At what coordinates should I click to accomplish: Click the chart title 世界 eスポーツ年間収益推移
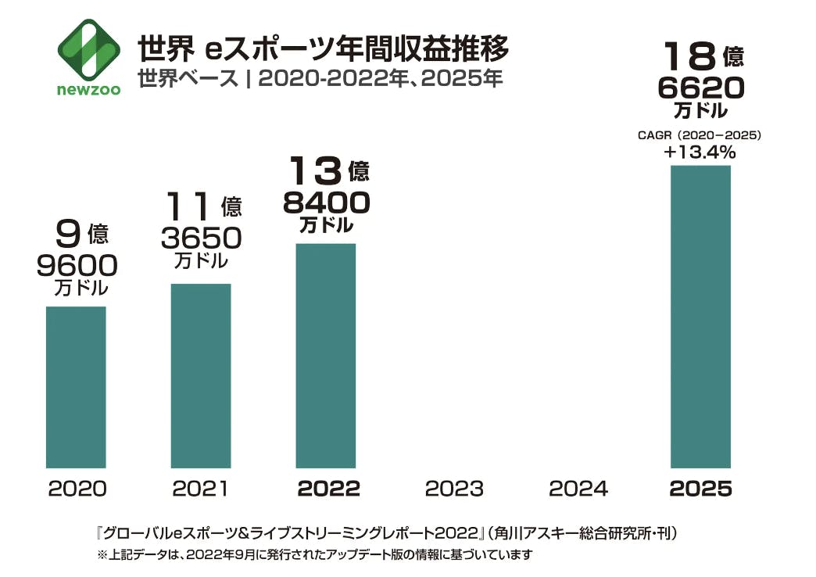(x=323, y=49)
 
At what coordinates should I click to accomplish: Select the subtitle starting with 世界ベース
(x=319, y=79)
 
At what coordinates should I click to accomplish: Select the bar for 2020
(x=76, y=387)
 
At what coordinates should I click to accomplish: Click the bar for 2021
(x=201, y=375)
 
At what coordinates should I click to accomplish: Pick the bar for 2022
(x=325, y=356)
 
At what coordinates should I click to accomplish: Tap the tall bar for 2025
(x=700, y=317)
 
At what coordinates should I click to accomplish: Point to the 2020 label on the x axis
(x=77, y=489)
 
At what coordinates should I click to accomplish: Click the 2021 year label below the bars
(x=201, y=489)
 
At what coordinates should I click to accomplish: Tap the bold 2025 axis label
(x=700, y=489)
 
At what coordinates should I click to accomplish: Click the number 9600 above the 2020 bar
(x=77, y=266)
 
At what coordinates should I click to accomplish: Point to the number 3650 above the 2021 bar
(x=201, y=238)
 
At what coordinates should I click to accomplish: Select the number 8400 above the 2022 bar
(x=326, y=203)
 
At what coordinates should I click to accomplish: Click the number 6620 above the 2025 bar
(x=700, y=88)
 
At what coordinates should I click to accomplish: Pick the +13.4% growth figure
(x=700, y=152)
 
